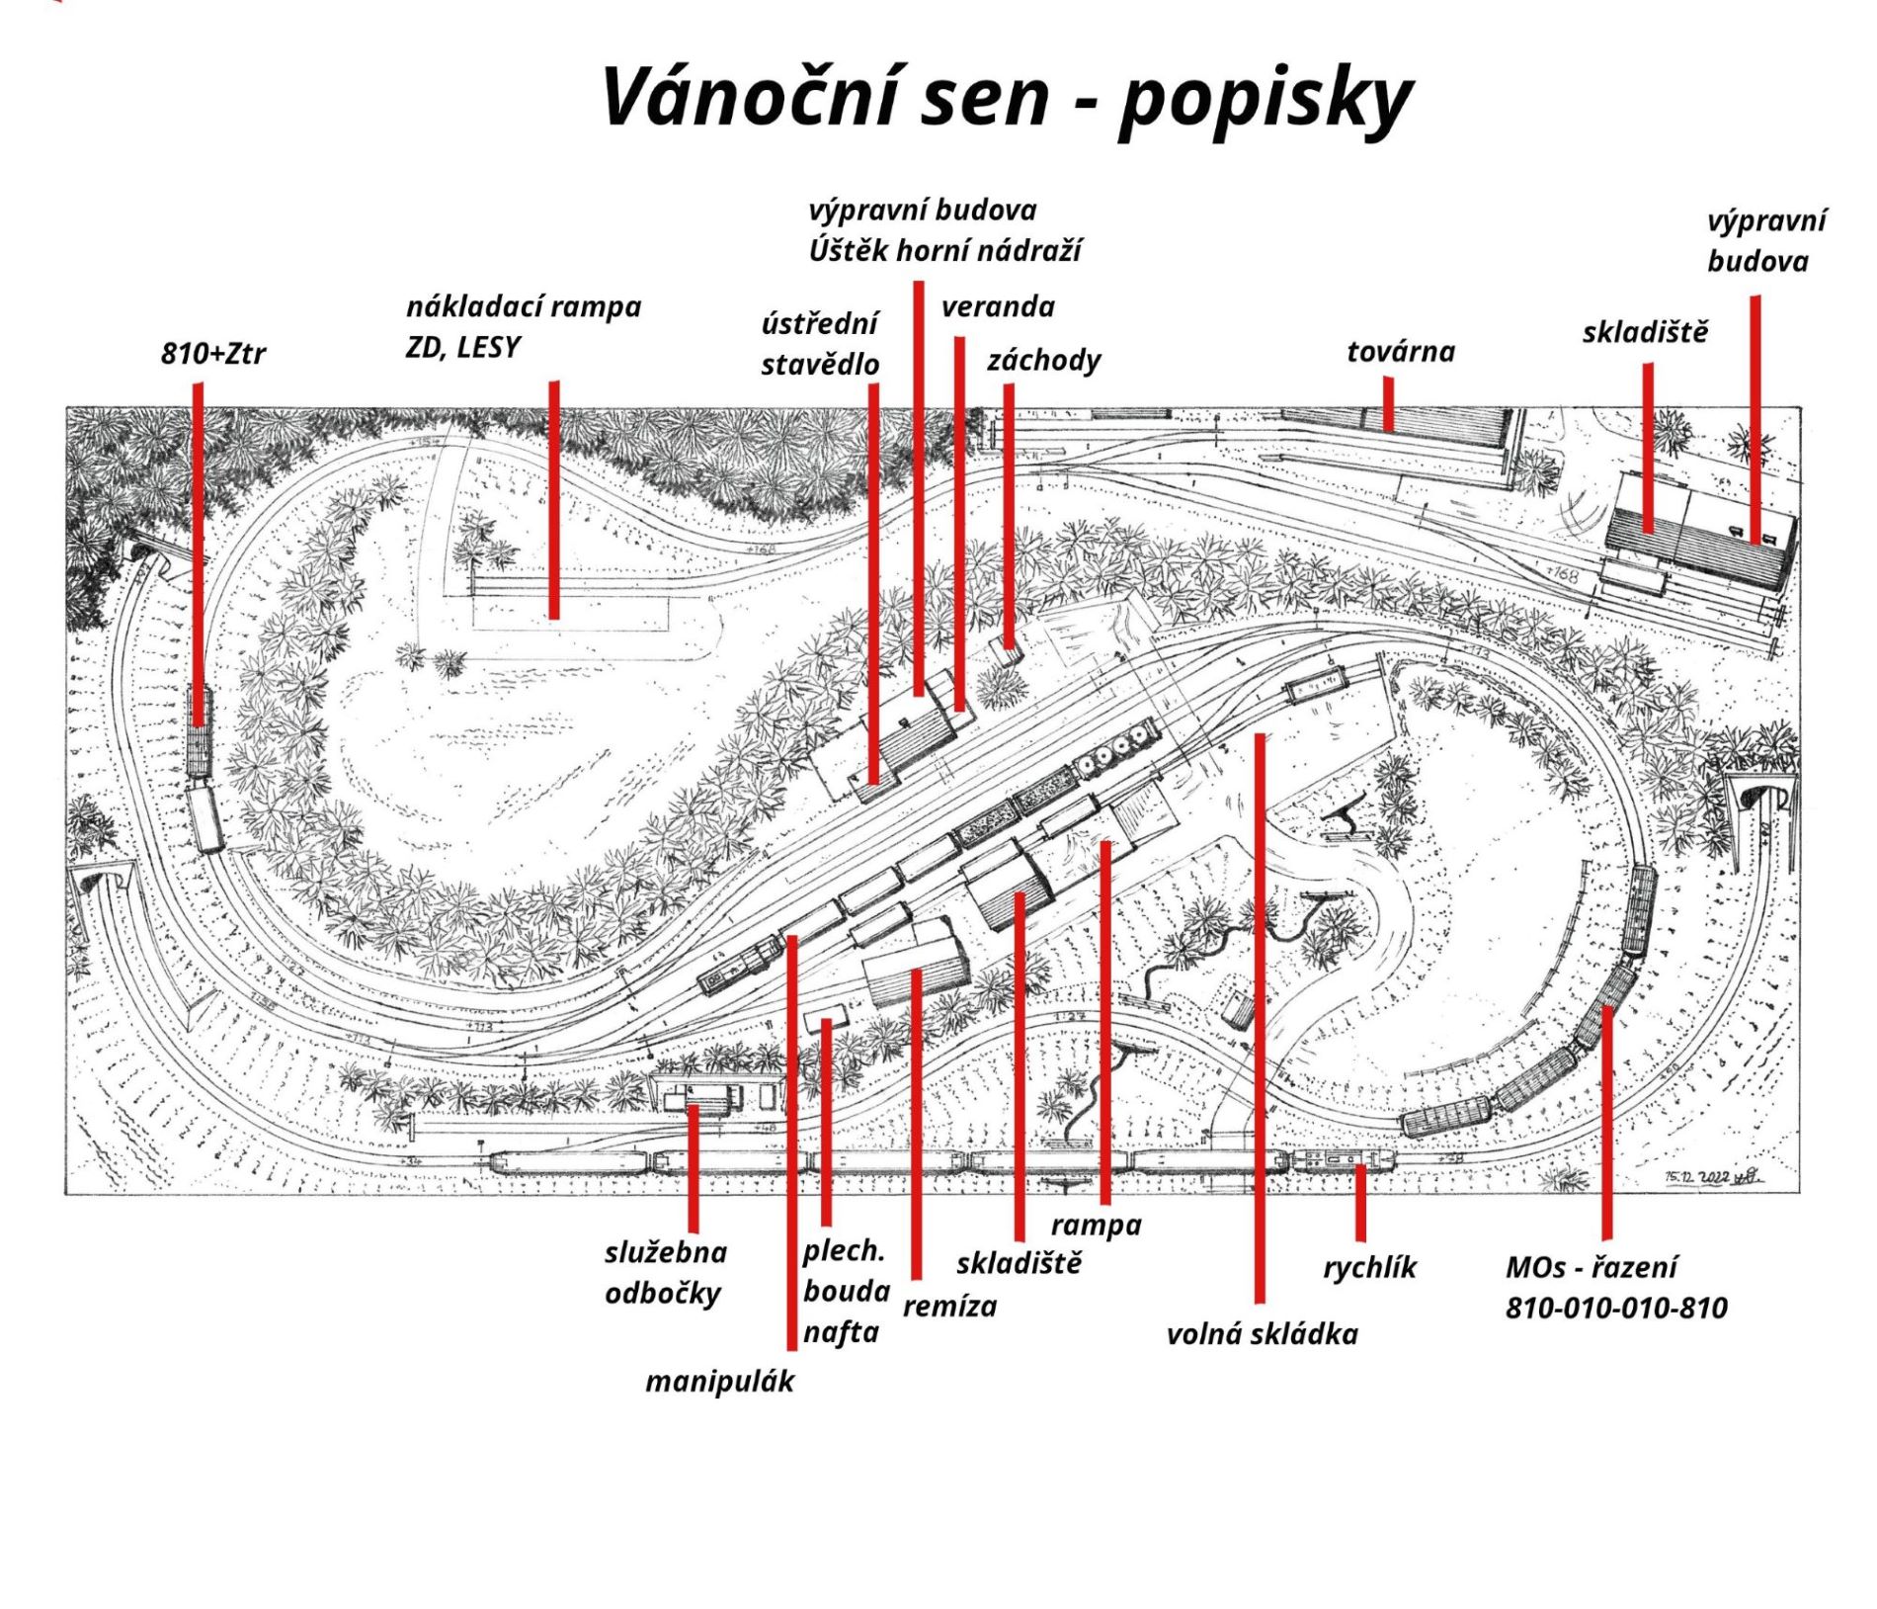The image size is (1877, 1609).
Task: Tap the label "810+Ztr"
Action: [212, 353]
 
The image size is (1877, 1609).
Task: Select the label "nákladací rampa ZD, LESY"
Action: [523, 326]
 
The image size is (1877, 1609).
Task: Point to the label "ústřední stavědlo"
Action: [819, 343]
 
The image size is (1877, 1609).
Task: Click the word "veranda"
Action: [997, 306]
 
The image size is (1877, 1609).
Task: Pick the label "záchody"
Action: [1043, 360]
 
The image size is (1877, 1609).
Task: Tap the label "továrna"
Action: [1400, 351]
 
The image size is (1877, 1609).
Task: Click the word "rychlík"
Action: [1369, 1267]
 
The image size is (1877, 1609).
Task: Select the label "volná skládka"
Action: [1262, 1334]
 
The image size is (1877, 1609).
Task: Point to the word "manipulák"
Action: [719, 1381]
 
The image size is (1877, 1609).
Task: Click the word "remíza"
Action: [949, 1307]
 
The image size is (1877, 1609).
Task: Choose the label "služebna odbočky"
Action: [665, 1273]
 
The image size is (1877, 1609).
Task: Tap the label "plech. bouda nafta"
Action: [846, 1291]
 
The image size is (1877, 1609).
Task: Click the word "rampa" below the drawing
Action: [1096, 1226]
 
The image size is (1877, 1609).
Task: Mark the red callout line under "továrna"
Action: [1388, 405]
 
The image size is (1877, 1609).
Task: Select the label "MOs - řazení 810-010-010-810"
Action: [1616, 1288]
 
